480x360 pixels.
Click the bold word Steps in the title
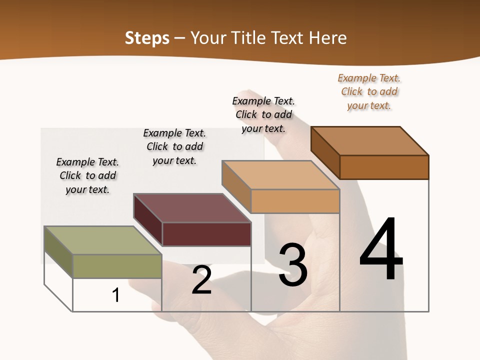147,38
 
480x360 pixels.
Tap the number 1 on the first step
116,295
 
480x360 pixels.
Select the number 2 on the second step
201,280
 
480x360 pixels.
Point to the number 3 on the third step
292,265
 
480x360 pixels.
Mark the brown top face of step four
370,141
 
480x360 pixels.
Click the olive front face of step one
117,266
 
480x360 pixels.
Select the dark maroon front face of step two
206,234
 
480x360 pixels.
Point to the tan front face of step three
295,201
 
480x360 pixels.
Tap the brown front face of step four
384,167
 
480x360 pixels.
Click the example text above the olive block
87,175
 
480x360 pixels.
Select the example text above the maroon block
174,146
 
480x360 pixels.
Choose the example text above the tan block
263,114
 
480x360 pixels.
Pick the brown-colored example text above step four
369,91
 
